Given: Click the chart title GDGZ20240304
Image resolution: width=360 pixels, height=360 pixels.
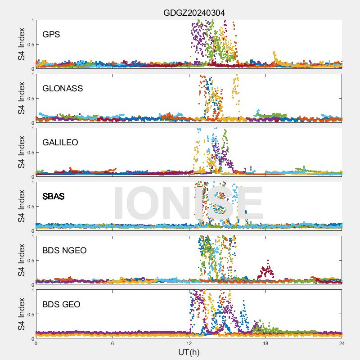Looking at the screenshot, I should pyautogui.click(x=194, y=13).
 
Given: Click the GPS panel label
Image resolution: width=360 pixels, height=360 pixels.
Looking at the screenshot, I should pyautogui.click(x=51, y=34).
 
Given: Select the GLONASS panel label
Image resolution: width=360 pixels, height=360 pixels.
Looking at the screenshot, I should pyautogui.click(x=63, y=88).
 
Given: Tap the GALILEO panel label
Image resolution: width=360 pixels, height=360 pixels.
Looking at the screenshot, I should pyautogui.click(x=60, y=142).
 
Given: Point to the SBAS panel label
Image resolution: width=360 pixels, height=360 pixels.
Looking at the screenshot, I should pyautogui.click(x=53, y=196).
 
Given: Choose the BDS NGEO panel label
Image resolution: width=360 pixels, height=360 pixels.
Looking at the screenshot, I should pyautogui.click(x=64, y=250).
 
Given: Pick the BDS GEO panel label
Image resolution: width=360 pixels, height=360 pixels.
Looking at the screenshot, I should pyautogui.click(x=61, y=304).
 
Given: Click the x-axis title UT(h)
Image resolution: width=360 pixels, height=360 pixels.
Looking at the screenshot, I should pyautogui.click(x=189, y=351).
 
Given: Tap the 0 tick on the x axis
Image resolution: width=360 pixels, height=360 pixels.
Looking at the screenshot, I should pyautogui.click(x=36, y=343).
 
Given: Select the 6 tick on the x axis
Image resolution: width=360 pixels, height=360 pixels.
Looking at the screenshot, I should pyautogui.click(x=112, y=343).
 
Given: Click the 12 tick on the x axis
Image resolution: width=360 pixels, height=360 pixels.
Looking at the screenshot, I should pyautogui.click(x=189, y=343).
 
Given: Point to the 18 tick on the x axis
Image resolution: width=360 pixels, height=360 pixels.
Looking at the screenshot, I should pyautogui.click(x=265, y=343).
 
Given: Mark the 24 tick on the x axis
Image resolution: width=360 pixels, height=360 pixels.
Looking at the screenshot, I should pyautogui.click(x=342, y=343).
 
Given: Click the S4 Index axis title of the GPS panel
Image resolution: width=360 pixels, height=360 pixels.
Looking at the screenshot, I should pyautogui.click(x=21, y=44).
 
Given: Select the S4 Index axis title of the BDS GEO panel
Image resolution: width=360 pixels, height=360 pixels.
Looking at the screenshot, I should pyautogui.click(x=21, y=314).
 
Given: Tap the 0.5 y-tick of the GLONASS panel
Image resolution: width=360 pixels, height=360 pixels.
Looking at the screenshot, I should pyautogui.click(x=29, y=98).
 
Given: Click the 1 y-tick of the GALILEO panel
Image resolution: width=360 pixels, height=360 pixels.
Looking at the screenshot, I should pyautogui.click(x=32, y=128).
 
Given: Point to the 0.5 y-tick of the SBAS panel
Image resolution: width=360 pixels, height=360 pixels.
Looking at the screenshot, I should pyautogui.click(x=29, y=206).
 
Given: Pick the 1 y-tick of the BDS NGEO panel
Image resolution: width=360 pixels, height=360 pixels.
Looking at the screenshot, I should pyautogui.click(x=32, y=236).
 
